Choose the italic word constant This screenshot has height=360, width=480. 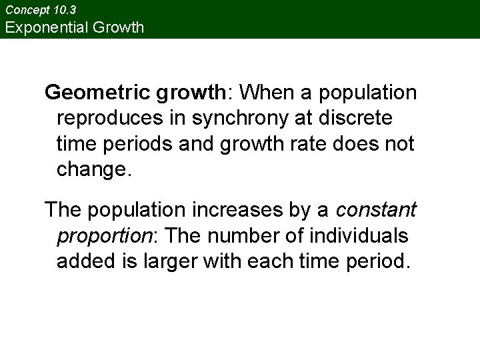point(376,210)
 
